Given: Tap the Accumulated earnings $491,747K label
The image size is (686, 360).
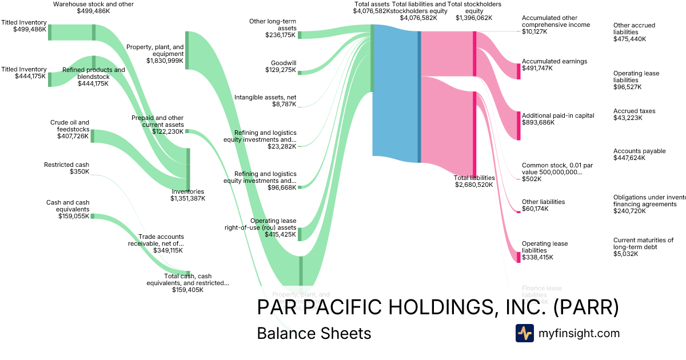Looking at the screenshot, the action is (x=554, y=65).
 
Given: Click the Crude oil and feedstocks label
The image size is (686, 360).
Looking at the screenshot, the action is (x=69, y=129).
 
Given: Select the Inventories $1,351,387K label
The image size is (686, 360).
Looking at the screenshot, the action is (x=188, y=195).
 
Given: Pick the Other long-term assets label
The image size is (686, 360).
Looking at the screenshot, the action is (x=273, y=28).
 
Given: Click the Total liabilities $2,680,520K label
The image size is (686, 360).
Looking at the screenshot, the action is (x=474, y=181).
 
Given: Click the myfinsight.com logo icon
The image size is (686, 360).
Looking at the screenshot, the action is (x=524, y=333).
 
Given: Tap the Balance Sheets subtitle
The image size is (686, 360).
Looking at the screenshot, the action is (x=314, y=333).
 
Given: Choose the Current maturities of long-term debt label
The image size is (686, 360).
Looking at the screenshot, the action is (x=643, y=247).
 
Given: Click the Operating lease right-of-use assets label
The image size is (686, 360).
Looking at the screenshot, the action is (x=260, y=227).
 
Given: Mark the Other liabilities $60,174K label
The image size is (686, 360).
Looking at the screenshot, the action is (x=543, y=205).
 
